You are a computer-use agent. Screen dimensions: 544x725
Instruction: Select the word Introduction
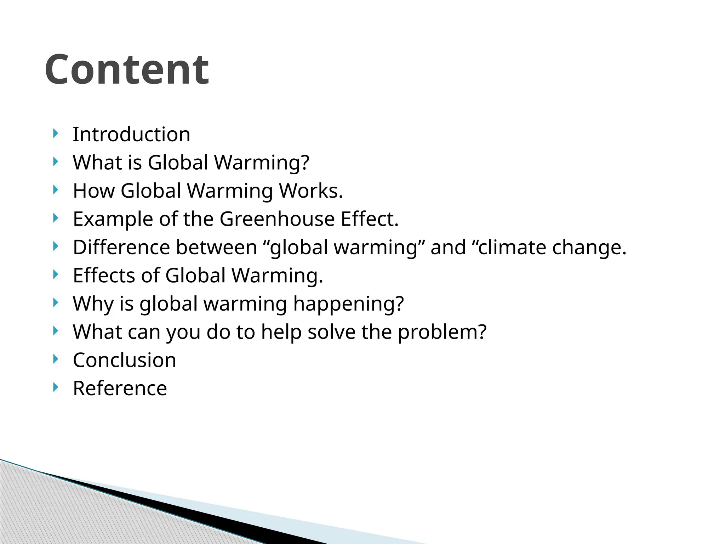coord(131,135)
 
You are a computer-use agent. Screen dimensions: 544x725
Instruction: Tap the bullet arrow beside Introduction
coord(55,134)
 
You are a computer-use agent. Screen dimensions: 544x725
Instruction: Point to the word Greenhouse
coord(277,219)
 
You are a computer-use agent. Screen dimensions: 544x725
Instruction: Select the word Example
coord(113,219)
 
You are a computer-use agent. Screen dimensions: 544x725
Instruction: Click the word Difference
coord(121,247)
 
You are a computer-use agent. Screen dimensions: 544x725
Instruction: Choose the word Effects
coord(104,276)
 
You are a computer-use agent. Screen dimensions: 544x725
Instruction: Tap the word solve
coord(331,332)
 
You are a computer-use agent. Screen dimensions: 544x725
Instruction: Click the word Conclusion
coord(124,360)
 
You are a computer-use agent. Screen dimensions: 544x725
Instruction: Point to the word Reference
coord(120,389)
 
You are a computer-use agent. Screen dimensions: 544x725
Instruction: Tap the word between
coord(216,247)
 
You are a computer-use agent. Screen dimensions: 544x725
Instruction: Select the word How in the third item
coord(93,191)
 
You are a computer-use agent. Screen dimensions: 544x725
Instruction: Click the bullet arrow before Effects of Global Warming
coord(55,274)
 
